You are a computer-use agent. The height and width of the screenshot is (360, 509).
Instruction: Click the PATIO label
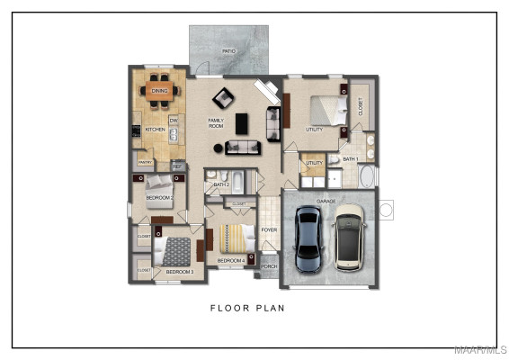click(x=228, y=52)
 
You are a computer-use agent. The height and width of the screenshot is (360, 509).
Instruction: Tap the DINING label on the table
click(x=160, y=91)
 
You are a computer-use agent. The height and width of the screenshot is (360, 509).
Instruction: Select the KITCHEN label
click(x=155, y=130)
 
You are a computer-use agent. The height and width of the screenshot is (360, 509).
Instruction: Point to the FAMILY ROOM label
click(x=216, y=123)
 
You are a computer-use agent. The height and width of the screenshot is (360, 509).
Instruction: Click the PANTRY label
click(x=145, y=163)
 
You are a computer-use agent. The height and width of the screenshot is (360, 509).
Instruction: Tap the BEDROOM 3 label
click(x=179, y=271)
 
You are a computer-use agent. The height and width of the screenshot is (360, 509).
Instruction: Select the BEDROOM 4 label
click(x=231, y=261)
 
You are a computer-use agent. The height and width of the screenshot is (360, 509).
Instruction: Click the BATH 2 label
click(x=221, y=184)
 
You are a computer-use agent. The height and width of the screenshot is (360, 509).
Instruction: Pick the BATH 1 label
click(x=350, y=159)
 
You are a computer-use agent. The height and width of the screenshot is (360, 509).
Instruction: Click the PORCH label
click(x=269, y=266)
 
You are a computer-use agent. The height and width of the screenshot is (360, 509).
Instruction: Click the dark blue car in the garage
click(x=308, y=239)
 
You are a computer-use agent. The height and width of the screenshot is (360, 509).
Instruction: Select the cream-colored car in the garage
click(x=349, y=238)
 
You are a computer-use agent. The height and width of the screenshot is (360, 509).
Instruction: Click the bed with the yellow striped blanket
click(x=232, y=238)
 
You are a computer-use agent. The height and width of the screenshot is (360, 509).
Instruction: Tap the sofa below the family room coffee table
click(x=243, y=147)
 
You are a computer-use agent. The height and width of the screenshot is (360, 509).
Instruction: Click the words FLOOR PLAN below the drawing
click(x=247, y=309)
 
